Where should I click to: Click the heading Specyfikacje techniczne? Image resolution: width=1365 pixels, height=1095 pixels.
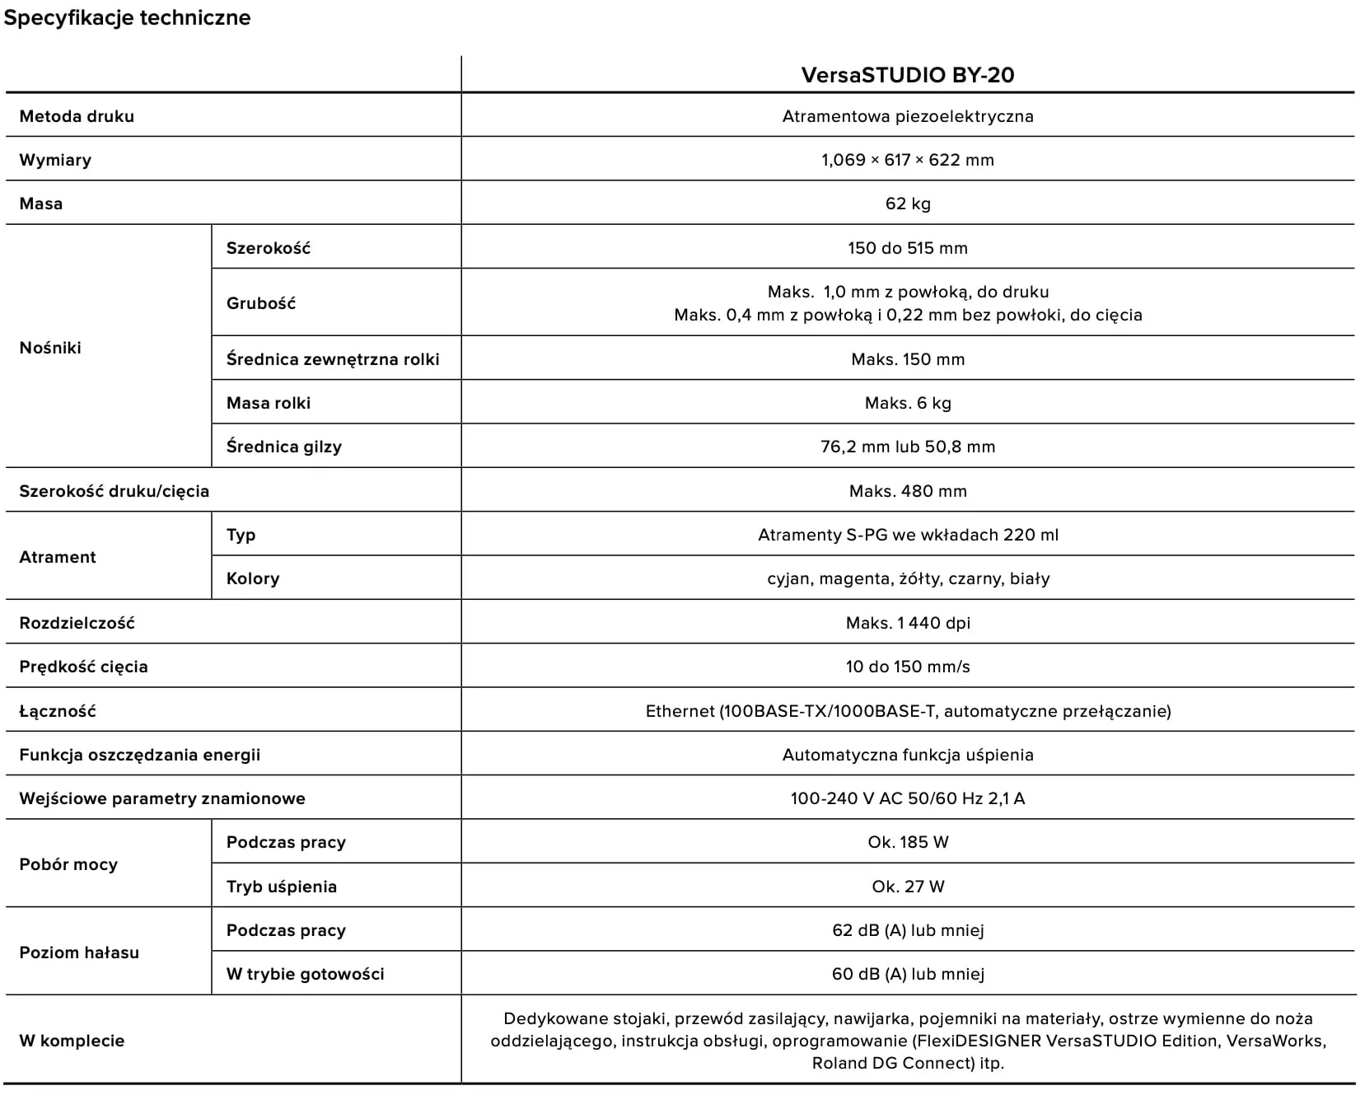(127, 18)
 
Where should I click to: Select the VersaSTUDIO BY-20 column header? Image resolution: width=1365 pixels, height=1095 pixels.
(907, 75)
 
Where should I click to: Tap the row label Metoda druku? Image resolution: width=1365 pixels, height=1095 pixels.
(77, 116)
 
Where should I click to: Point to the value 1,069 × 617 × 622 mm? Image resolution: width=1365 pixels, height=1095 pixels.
(907, 160)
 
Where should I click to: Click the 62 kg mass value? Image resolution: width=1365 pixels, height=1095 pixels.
(907, 204)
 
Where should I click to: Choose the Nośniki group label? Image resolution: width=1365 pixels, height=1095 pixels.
(50, 348)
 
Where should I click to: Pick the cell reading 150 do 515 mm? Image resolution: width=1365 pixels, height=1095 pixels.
(907, 248)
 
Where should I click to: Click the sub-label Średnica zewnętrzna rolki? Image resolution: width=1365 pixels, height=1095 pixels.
(333, 359)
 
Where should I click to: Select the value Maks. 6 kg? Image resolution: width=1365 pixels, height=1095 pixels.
(907, 403)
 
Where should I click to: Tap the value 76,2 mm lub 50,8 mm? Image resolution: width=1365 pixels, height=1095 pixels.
(907, 447)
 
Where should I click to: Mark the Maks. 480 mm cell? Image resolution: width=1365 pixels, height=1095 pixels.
(907, 491)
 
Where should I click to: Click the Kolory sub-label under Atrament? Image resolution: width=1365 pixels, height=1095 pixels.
(253, 578)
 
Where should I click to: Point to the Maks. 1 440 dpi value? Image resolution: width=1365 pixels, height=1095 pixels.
(907, 623)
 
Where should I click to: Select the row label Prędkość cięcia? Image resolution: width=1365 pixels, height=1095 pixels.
(83, 667)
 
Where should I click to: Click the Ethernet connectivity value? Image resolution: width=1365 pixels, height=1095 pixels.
(907, 711)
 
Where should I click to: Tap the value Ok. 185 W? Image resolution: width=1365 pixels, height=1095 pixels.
(907, 842)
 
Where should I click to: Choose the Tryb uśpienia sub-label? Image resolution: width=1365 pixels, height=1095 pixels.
(282, 887)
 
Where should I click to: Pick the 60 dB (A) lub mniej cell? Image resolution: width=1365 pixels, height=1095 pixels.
(907, 974)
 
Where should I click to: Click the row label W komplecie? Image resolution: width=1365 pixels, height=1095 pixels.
(72, 1041)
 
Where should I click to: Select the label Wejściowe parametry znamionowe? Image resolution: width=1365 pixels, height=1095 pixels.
(162, 798)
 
